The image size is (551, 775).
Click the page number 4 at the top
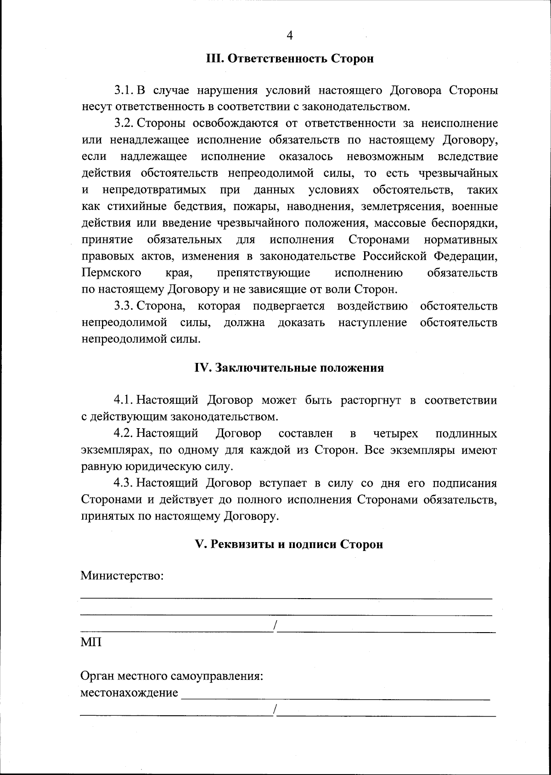click(x=289, y=35)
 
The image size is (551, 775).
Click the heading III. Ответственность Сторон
click(x=289, y=59)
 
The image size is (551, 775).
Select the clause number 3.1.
click(x=124, y=91)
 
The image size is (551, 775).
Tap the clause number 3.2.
click(x=124, y=124)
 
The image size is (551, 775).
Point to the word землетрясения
click(x=403, y=206)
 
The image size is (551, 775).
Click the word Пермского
click(x=112, y=273)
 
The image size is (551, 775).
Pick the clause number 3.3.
click(x=124, y=306)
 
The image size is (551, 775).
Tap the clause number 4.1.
click(x=124, y=400)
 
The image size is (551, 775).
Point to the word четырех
click(x=395, y=434)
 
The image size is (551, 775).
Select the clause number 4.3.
click(x=124, y=483)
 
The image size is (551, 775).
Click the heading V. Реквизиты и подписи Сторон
click(x=289, y=544)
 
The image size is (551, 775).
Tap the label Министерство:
click(x=122, y=576)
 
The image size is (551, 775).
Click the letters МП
click(x=91, y=642)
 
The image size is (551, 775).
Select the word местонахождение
click(x=129, y=693)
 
